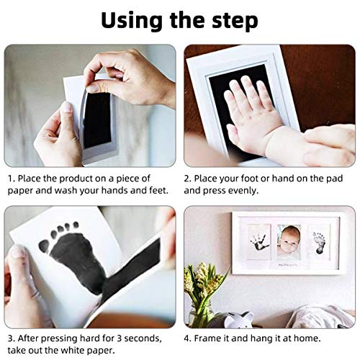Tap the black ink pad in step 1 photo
[x=98, y=119]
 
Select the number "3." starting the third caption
[x=12, y=337]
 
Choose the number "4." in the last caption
[x=189, y=337]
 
